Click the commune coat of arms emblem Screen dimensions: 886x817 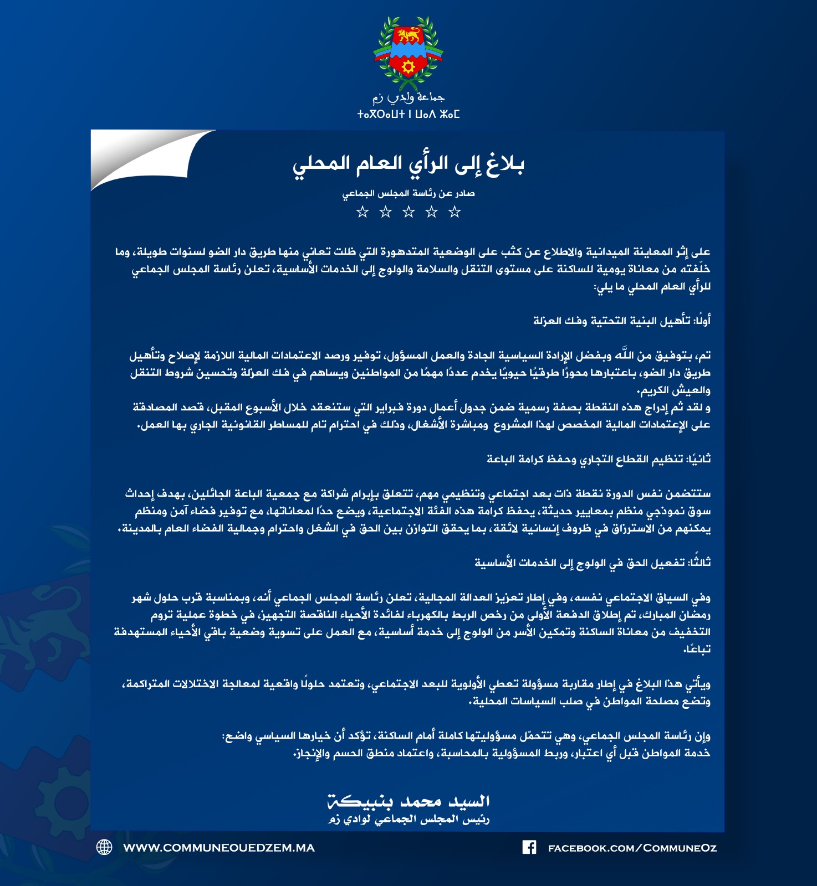408,53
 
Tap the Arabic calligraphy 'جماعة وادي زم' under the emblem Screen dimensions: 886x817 408,98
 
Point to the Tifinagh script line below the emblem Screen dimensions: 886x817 408,115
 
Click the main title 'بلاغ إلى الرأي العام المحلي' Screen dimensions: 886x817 408,163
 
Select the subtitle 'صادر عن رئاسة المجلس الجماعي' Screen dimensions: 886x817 408,193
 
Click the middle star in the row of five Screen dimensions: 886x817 408,212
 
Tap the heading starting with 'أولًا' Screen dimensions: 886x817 621,321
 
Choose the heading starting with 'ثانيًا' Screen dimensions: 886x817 599,459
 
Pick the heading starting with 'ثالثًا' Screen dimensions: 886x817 593,563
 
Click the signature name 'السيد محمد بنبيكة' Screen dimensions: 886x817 408,801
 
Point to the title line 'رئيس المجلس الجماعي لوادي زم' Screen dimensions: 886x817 408,820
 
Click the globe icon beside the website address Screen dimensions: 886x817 104,847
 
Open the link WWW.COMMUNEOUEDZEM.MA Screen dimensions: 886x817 219,848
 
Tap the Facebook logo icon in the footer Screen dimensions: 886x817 529,847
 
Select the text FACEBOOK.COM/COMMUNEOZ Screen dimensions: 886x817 632,848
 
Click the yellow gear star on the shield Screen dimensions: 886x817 408,68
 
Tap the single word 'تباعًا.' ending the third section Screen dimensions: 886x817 697,649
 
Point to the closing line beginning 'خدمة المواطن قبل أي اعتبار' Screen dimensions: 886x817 502,753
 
